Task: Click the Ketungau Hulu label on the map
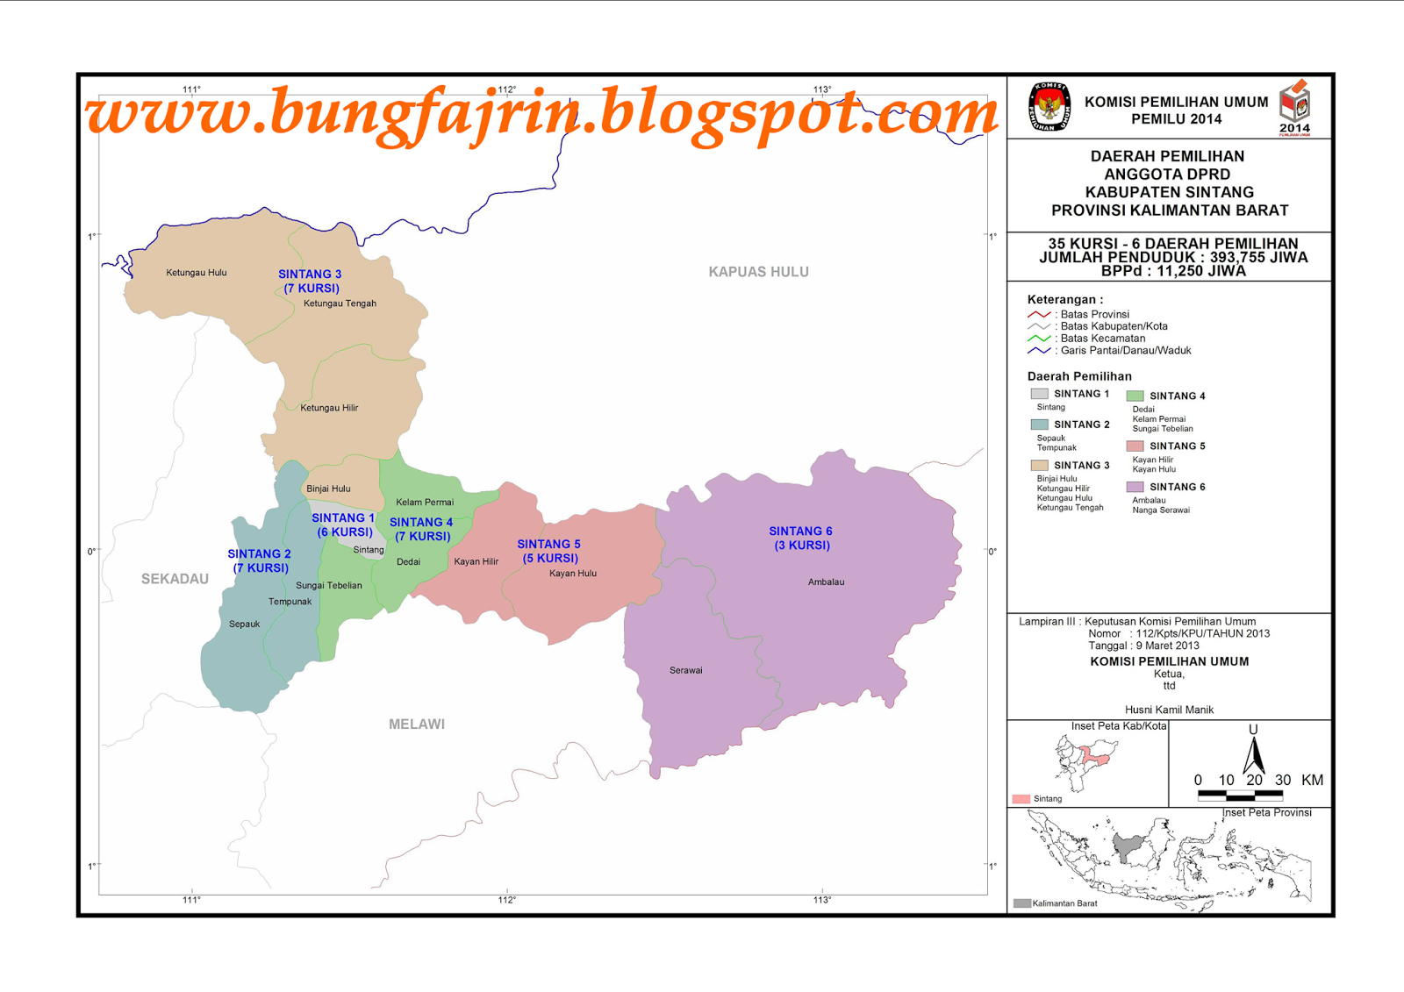pos(196,273)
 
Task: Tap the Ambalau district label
pos(826,582)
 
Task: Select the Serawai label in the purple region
pos(685,670)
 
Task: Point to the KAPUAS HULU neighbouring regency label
pos(758,272)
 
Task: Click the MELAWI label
pos(417,724)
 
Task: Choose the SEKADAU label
pos(175,579)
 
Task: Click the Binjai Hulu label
pos(328,489)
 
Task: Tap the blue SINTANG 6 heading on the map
pos(800,532)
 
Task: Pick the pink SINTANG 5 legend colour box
pos(1135,446)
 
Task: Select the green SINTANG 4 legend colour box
pos(1135,396)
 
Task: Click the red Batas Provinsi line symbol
pos(1039,314)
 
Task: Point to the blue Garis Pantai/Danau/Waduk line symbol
pos(1039,351)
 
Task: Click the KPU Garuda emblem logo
pos(1049,107)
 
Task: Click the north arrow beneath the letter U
pos(1253,756)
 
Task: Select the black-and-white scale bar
pos(1240,796)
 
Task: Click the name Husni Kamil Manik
pos(1169,710)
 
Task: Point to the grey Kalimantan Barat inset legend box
pos(1021,903)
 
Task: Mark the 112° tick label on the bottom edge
pos(507,900)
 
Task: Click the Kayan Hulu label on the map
pos(572,574)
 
